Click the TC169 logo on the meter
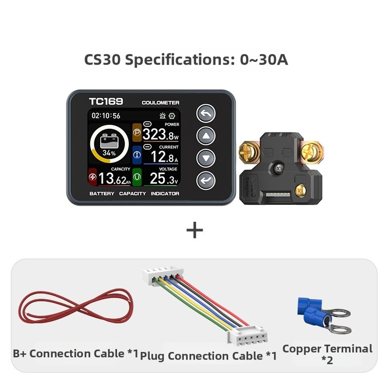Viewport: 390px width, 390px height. (x=106, y=101)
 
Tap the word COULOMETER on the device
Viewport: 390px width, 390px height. (x=161, y=103)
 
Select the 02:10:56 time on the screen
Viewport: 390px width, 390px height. (x=106, y=116)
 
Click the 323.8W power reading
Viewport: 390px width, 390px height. (x=161, y=134)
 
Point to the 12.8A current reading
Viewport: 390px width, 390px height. (x=164, y=157)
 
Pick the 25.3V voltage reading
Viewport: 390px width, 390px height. (x=164, y=178)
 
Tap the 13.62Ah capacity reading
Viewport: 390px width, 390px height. (x=115, y=178)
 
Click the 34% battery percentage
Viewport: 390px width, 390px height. (x=109, y=153)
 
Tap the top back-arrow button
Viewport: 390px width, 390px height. (x=206, y=113)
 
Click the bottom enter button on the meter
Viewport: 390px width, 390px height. (x=206, y=180)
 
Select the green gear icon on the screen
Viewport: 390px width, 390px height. (x=172, y=116)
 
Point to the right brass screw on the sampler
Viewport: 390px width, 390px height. (x=312, y=151)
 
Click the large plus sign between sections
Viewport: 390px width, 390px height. (x=194, y=230)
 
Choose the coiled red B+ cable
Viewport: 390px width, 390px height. (x=76, y=306)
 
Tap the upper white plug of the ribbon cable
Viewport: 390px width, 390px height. (x=163, y=275)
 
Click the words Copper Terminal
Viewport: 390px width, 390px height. (x=327, y=349)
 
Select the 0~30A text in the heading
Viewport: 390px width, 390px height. (x=264, y=60)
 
